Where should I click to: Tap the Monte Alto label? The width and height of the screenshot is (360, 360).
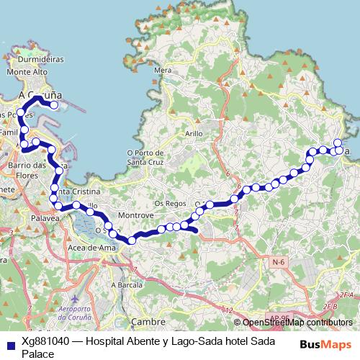click(x=27, y=73)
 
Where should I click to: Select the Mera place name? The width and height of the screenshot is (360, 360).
click(x=163, y=71)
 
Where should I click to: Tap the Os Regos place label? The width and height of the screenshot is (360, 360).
click(x=170, y=204)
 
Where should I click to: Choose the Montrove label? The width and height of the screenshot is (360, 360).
click(x=137, y=215)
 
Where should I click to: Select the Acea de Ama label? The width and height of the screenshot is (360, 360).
click(x=91, y=248)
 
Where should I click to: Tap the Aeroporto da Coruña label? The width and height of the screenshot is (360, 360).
click(x=73, y=315)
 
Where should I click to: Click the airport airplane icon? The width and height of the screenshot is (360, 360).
click(x=72, y=297)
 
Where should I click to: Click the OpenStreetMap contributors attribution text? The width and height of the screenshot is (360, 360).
click(x=297, y=323)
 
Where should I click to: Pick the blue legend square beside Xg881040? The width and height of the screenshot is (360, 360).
click(x=9, y=345)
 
